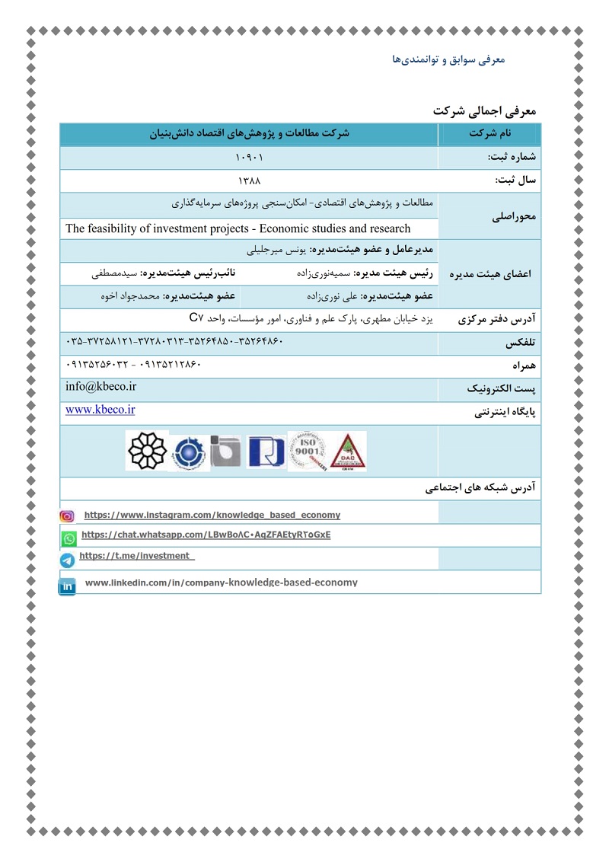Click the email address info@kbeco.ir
pyautogui.click(x=100, y=387)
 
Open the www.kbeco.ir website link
pyautogui.click(x=100, y=410)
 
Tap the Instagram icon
pyautogui.click(x=67, y=516)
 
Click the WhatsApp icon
pyautogui.click(x=69, y=538)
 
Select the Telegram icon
pyautogui.click(x=68, y=561)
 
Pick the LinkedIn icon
pyautogui.click(x=68, y=586)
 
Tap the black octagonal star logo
pyautogui.click(x=145, y=451)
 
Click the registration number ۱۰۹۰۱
pyautogui.click(x=249, y=158)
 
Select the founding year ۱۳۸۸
pyautogui.click(x=249, y=181)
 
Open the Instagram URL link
pyautogui.click(x=212, y=515)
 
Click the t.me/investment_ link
pyautogui.click(x=137, y=556)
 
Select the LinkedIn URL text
pyautogui.click(x=221, y=583)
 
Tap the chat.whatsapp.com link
pyautogui.click(x=206, y=535)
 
